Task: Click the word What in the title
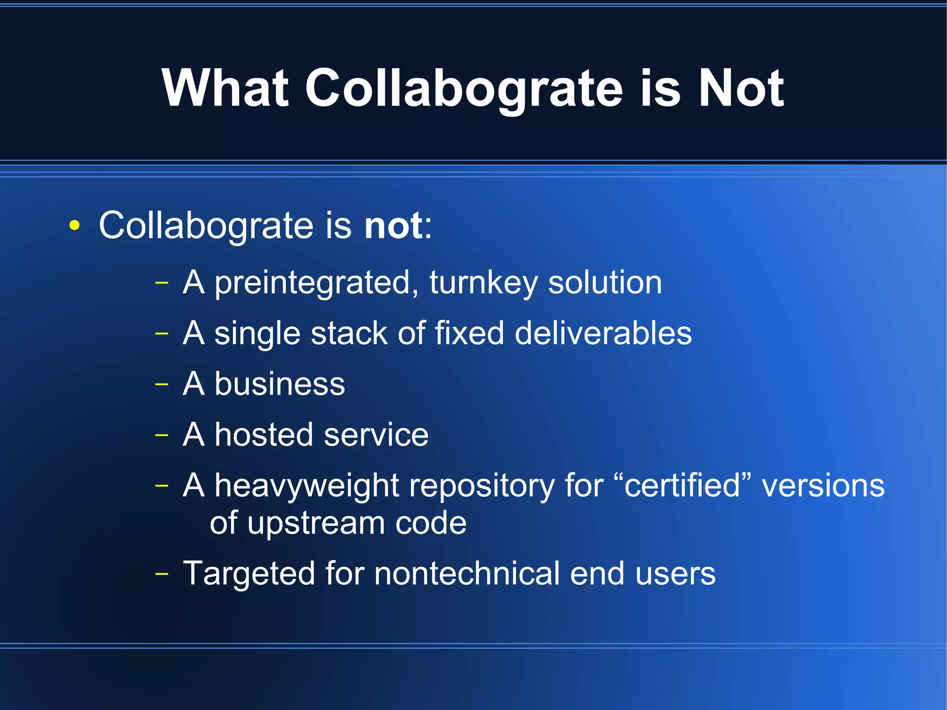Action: [225, 88]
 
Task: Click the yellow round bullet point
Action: [74, 226]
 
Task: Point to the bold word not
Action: [394, 226]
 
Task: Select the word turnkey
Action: [484, 283]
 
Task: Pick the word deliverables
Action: [603, 333]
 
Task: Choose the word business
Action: [280, 384]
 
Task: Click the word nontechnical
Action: [467, 574]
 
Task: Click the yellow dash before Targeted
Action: [161, 574]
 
